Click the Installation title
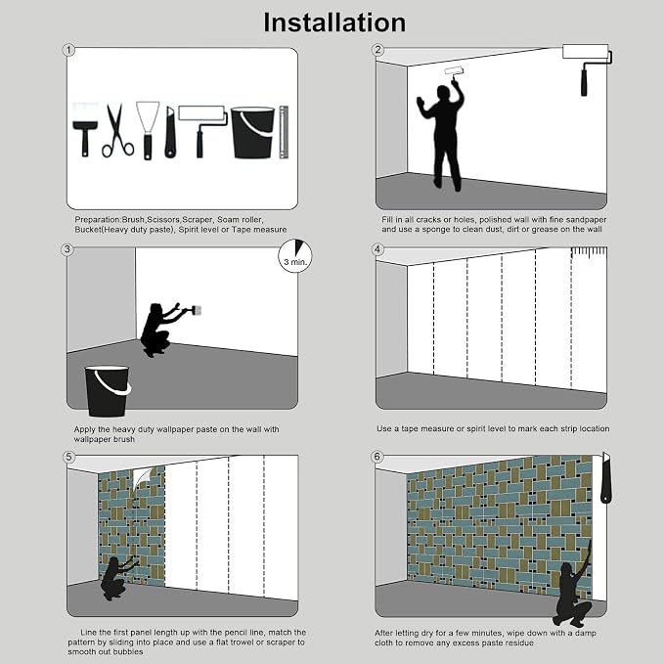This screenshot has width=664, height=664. (x=334, y=22)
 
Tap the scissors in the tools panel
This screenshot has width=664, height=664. (x=117, y=131)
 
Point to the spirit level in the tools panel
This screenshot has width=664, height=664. (x=284, y=132)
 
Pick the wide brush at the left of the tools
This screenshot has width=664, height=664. (x=85, y=130)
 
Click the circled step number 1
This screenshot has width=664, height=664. (x=68, y=51)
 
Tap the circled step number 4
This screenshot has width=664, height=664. (x=377, y=249)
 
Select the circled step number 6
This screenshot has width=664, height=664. (x=376, y=457)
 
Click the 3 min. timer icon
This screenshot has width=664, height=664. (x=295, y=256)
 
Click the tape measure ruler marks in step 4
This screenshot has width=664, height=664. (x=589, y=252)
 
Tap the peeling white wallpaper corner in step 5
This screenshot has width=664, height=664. (x=143, y=477)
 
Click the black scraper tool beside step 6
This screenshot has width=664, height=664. (x=606, y=477)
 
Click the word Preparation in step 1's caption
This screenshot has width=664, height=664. (x=98, y=220)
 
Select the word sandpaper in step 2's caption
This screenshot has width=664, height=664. (x=585, y=220)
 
